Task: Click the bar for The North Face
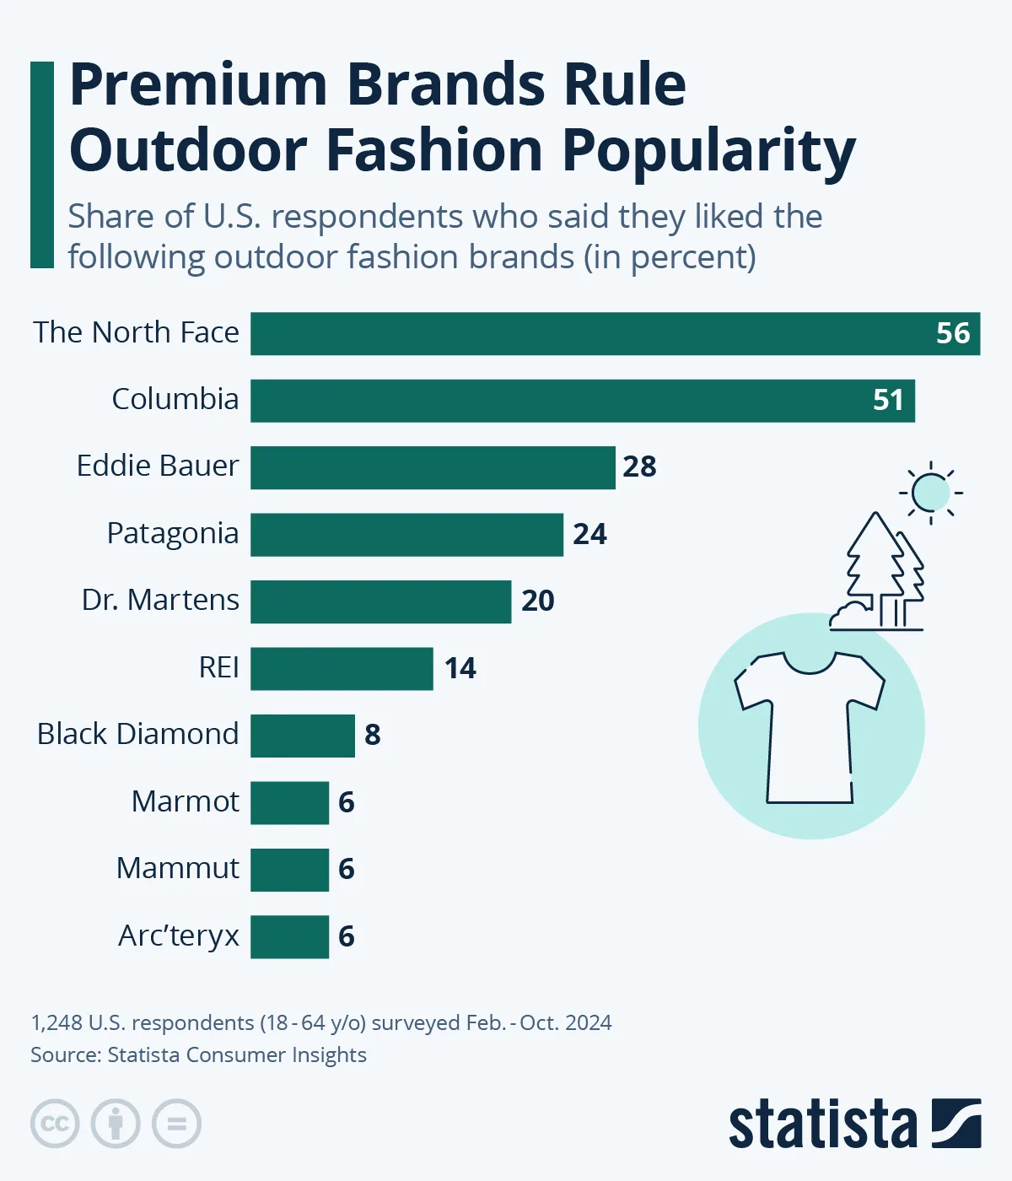point(590,333)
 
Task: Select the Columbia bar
point(582,401)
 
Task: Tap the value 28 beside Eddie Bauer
point(639,466)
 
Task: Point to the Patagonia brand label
point(173,534)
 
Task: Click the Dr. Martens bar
point(380,601)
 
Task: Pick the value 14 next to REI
point(460,668)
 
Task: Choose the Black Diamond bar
point(302,736)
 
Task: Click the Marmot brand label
point(186,801)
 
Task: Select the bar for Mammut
point(289,870)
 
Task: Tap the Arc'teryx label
point(179,936)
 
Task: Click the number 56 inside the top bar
point(953,333)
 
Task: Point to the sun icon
point(931,492)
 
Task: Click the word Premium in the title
point(197,85)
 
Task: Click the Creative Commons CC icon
point(55,1124)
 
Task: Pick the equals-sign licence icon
point(177,1124)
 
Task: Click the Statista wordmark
point(822,1124)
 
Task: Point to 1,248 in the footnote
point(57,1023)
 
